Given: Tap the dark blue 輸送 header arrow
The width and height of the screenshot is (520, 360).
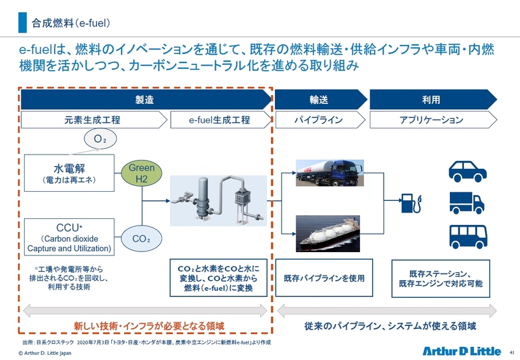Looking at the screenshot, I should click(x=318, y=100).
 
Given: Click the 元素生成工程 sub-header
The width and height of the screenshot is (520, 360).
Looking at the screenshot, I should click(x=92, y=120).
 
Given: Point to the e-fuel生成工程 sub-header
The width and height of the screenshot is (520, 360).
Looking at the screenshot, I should click(x=219, y=120).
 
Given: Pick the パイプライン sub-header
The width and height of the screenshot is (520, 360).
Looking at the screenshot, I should click(x=318, y=120).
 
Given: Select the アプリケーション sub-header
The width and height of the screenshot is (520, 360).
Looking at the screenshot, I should click(x=431, y=120).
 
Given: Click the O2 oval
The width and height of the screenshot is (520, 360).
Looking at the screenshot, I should click(x=100, y=138).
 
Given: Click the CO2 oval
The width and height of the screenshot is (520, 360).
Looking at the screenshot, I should click(x=141, y=238).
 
